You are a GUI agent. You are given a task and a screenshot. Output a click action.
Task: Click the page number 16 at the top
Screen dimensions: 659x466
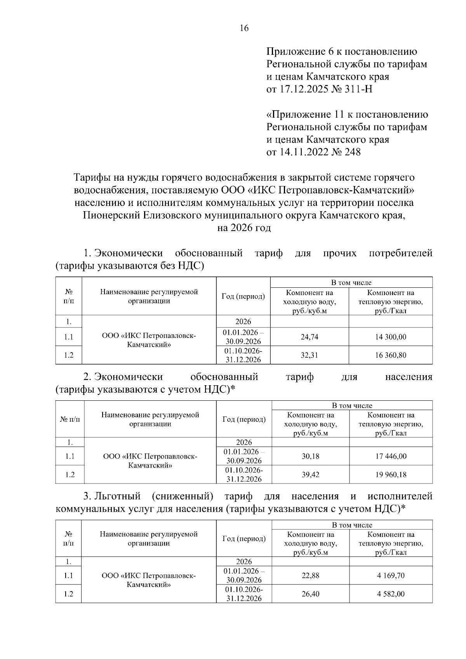[x=244, y=28]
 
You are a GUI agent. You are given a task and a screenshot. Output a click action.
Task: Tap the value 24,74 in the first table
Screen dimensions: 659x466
[x=310, y=337]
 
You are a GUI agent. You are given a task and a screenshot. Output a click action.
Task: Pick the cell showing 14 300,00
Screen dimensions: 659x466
[x=390, y=337]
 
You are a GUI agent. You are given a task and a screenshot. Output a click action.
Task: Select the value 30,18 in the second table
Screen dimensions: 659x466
[x=310, y=456]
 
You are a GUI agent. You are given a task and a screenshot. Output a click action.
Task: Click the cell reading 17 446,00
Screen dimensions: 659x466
[x=391, y=456]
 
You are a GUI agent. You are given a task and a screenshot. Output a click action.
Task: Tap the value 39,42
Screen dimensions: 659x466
[x=310, y=475]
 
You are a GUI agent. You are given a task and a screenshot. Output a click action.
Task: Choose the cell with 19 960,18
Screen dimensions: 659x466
[x=391, y=475]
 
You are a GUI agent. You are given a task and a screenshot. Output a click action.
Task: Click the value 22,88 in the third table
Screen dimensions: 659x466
[x=310, y=576]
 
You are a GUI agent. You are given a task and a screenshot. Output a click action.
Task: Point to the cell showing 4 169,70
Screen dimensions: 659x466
[x=391, y=576]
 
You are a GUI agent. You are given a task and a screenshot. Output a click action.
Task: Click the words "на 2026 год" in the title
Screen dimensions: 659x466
[x=244, y=228]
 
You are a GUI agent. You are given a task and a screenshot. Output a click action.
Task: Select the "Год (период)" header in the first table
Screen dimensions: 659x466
[x=243, y=297]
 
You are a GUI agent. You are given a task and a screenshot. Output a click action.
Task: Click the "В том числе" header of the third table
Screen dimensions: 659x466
[x=352, y=525]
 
